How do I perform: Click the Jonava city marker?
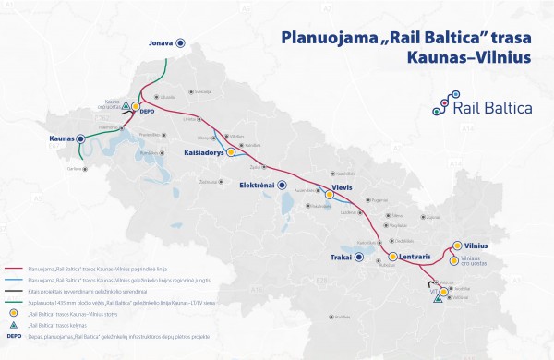[x=180, y=42]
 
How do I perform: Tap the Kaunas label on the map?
[x=60, y=138]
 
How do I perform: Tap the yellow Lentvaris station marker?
[x=392, y=256]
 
